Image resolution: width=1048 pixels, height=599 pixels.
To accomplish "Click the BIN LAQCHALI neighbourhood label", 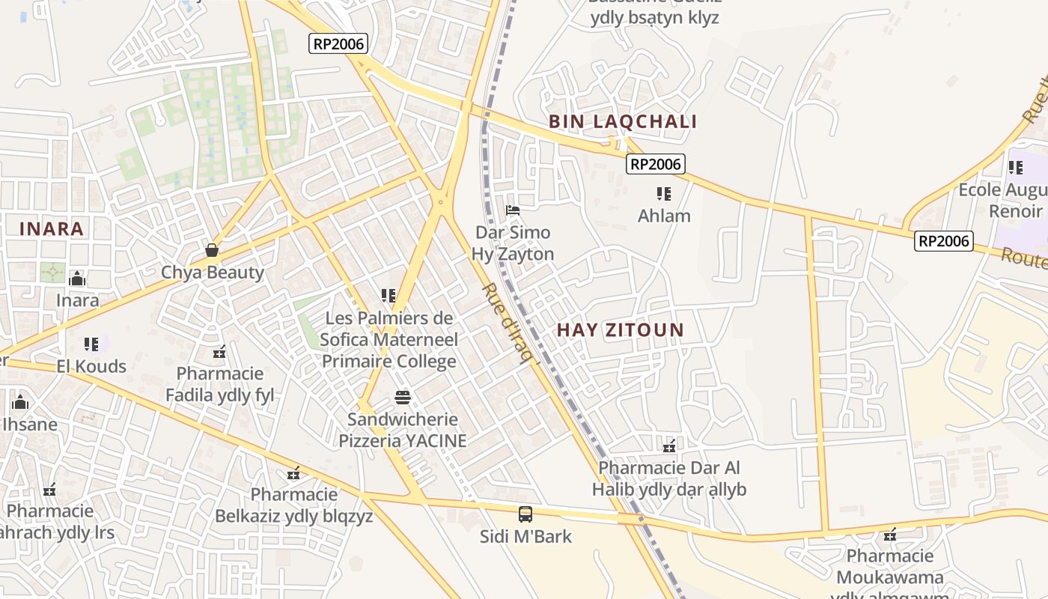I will (623, 121).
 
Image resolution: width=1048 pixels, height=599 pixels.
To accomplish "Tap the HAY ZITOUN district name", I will (621, 329).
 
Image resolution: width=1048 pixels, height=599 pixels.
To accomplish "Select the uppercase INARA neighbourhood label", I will (51, 229).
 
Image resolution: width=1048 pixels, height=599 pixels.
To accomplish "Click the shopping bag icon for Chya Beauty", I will (212, 250).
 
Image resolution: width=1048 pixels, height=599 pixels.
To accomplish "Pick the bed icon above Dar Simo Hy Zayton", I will (513, 210).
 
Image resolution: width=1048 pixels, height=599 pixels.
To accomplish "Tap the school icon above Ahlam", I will (663, 194).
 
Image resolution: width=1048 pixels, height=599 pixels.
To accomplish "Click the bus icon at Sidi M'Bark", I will (525, 514).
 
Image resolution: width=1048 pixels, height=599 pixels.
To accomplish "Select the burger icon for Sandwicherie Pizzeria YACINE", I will (403, 397).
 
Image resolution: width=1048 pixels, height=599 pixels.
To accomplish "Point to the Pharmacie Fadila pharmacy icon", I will (219, 351).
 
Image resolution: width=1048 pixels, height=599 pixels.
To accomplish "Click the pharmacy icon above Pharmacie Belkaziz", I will (293, 472).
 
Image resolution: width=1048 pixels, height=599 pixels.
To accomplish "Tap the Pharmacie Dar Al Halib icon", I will (669, 446).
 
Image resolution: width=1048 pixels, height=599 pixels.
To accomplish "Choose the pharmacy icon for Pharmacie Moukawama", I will (890, 534).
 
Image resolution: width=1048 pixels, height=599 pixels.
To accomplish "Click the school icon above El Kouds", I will (91, 344).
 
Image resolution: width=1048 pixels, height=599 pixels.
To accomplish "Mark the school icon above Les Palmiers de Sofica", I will (388, 296).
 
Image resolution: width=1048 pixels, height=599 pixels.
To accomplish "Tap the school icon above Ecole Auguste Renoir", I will (1015, 168).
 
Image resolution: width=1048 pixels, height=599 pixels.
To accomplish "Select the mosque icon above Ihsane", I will (20, 403).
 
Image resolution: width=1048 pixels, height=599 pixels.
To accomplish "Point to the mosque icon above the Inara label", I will (77, 279).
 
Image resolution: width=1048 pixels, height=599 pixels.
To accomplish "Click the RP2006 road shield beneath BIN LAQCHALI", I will (656, 164).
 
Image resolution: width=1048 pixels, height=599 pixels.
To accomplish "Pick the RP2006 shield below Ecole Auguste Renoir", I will (944, 240).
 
